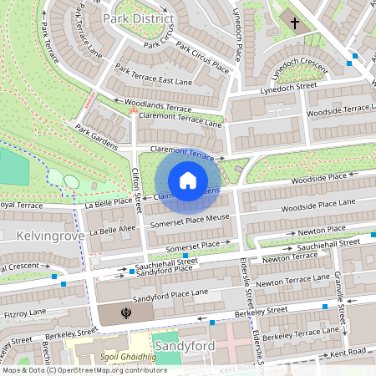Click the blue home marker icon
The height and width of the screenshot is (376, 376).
pyautogui.click(x=188, y=180)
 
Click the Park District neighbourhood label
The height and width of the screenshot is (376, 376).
pyautogui.click(x=138, y=18)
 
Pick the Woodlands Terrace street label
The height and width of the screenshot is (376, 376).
pyautogui.click(x=158, y=106)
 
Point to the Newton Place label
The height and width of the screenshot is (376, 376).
pyautogui.click(x=322, y=229)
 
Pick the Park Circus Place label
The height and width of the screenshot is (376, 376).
pyautogui.click(x=196, y=59)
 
